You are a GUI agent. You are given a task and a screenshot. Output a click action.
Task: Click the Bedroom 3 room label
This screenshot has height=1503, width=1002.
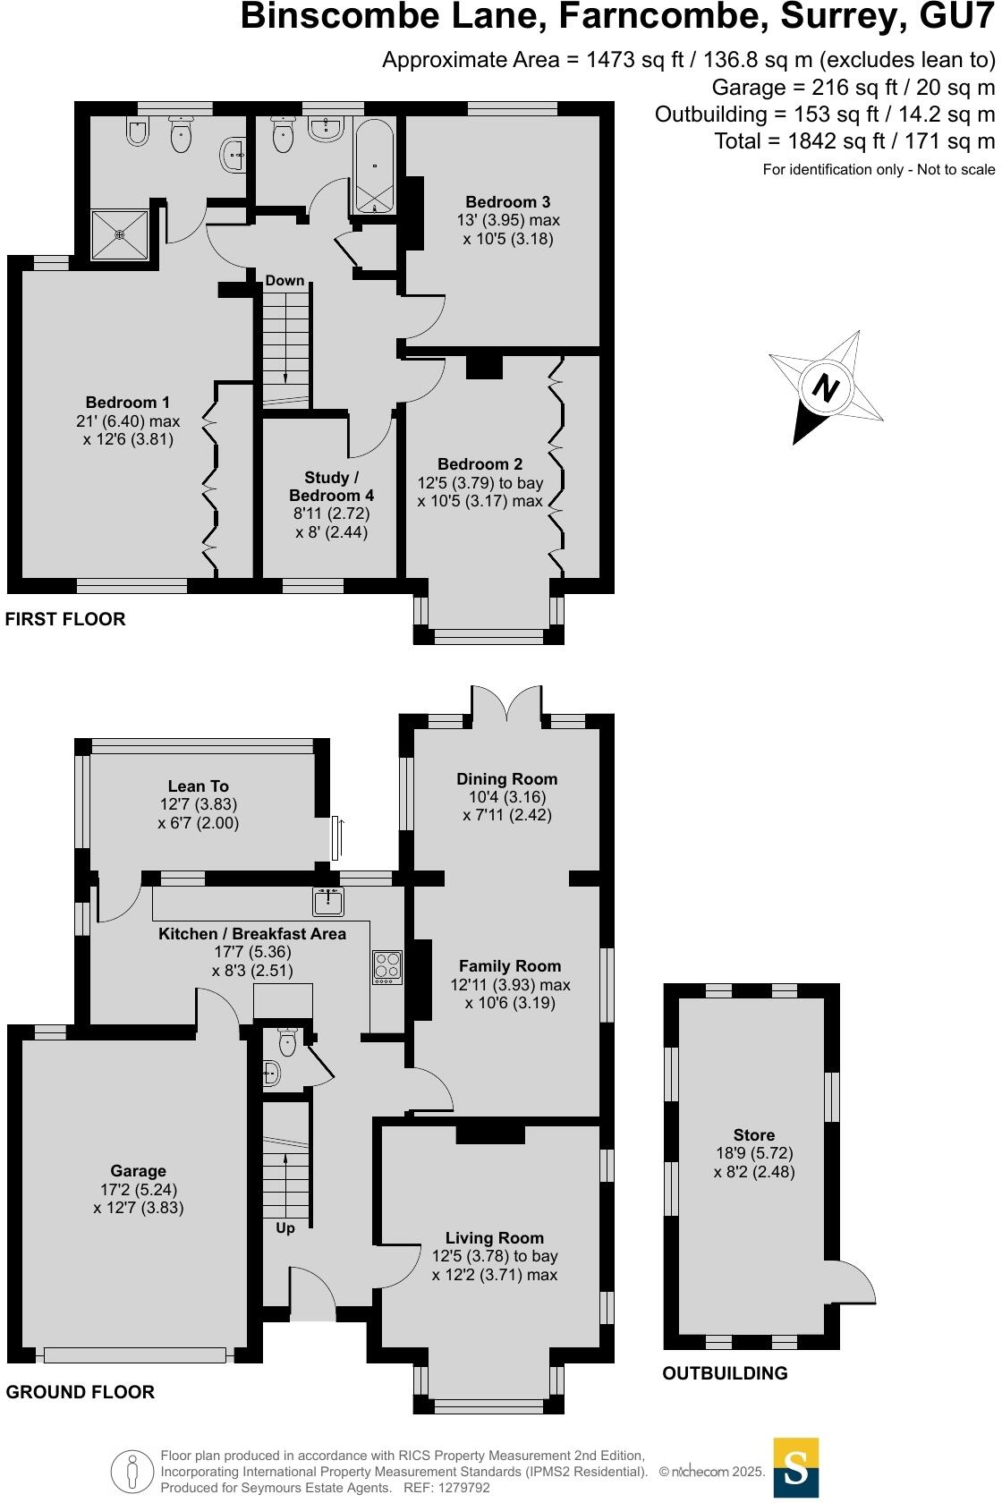[x=507, y=202]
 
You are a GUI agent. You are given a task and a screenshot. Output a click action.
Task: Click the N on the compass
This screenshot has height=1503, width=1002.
[x=827, y=388]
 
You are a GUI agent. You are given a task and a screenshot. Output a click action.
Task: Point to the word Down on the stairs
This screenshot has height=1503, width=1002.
[x=284, y=281]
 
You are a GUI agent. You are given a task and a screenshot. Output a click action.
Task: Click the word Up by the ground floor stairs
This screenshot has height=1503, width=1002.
[x=285, y=1227]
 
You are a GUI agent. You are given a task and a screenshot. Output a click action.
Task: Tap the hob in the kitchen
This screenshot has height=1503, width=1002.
[x=387, y=967]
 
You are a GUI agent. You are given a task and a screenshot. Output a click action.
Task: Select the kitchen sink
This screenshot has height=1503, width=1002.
[x=328, y=902]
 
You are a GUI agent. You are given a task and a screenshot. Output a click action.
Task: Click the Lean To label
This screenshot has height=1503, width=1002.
[x=198, y=786]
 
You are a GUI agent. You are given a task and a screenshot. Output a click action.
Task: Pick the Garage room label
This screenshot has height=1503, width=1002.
[x=138, y=1171]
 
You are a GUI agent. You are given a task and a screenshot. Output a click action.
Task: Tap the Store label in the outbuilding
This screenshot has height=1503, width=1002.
[x=753, y=1135]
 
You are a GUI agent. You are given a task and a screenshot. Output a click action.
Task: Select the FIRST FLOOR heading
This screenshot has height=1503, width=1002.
[x=65, y=619]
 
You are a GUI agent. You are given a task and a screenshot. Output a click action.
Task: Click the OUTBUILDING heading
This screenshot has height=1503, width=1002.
[x=725, y=1373]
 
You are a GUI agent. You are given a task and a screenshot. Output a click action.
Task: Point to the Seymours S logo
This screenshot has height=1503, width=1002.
[x=795, y=1467]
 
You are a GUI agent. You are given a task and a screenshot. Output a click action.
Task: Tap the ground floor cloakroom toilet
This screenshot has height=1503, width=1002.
[x=288, y=1042]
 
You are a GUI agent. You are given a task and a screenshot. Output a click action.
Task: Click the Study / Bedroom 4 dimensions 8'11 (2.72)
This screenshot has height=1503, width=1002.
[x=331, y=514]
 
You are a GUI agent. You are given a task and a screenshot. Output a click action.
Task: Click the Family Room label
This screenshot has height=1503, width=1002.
[x=509, y=966]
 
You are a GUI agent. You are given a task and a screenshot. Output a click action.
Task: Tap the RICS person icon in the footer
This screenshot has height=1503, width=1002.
[x=132, y=1471]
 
